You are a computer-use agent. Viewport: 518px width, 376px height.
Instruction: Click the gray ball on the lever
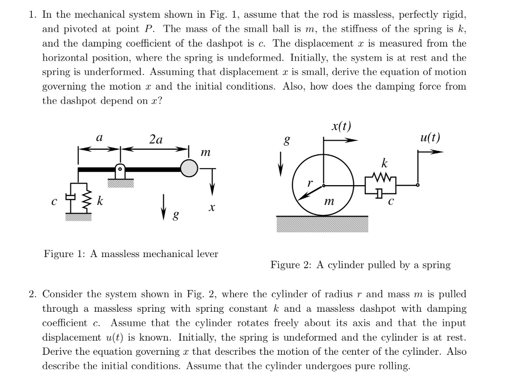pos(189,169)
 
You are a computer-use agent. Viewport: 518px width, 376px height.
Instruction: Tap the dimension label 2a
pos(156,140)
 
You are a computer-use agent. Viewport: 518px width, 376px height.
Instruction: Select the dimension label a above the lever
pos(99,138)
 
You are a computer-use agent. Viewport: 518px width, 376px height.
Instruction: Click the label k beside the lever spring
pos(100,201)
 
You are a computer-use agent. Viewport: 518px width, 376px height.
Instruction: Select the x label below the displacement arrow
pos(212,207)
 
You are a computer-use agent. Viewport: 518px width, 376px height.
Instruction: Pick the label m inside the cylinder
pos(329,201)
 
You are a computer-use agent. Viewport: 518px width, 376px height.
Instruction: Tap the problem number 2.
pos(32,294)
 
